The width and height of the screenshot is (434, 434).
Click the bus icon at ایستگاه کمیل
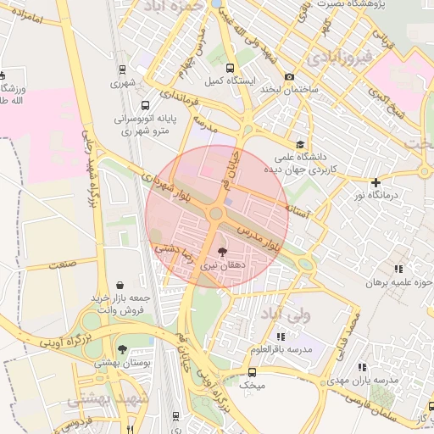[229, 68]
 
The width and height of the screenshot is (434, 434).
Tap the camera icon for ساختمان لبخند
[290, 76]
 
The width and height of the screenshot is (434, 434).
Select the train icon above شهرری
[123, 70]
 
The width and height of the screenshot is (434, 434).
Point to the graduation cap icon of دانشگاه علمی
[299, 144]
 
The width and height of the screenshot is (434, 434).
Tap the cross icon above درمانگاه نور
[376, 182]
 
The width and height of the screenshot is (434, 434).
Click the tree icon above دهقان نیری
[222, 252]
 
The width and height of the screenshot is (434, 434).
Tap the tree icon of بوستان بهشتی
[122, 348]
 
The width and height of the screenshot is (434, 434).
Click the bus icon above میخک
[252, 372]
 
